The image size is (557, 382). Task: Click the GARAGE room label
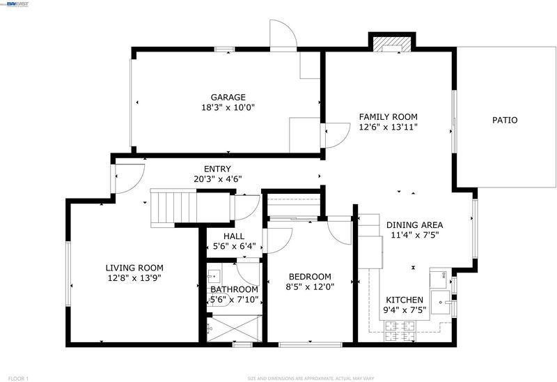click(228, 97)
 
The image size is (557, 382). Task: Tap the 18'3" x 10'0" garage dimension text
click(228, 107)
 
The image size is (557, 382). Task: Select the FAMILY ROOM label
click(388, 116)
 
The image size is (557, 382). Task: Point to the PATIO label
click(505, 120)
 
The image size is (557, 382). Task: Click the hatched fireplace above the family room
click(392, 43)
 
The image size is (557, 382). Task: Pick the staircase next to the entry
click(173, 208)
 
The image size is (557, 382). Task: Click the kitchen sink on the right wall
click(441, 303)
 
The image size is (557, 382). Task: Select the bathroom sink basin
click(214, 276)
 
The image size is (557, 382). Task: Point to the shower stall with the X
click(235, 328)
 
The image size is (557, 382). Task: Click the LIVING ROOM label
click(134, 268)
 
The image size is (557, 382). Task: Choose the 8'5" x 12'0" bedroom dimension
click(310, 286)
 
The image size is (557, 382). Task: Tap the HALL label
click(234, 236)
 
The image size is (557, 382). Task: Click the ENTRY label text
click(217, 169)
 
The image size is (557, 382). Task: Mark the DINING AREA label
click(414, 225)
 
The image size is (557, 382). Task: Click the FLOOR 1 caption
click(18, 379)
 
